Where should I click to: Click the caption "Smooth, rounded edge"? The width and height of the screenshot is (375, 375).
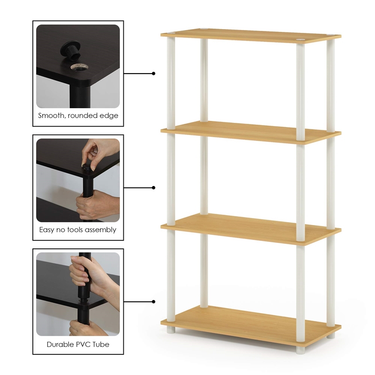78,115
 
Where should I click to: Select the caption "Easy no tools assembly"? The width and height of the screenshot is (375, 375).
78,230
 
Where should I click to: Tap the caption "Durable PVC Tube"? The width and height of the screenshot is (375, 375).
78,345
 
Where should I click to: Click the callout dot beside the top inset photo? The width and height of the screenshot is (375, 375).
153,73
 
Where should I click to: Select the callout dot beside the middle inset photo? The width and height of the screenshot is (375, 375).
153,187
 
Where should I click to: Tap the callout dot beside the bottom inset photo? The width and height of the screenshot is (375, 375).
153,301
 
